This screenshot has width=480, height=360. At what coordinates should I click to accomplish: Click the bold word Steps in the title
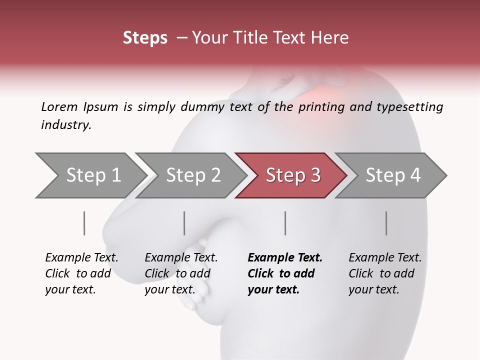145,38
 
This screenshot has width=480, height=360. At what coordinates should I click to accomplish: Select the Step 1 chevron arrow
90,175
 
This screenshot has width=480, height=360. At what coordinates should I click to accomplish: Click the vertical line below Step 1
84,223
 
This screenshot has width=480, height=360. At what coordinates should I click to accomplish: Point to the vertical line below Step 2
184,223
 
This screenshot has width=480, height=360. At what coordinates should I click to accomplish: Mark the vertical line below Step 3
285,223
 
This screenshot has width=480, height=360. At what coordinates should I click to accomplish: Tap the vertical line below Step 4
386,223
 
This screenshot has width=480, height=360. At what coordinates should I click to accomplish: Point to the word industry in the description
65,124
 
